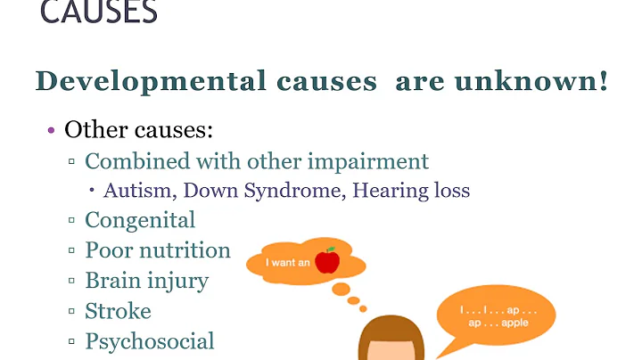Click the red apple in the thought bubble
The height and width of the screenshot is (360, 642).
point(329,261)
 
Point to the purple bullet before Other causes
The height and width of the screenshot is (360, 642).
point(51,131)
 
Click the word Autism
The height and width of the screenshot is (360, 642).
point(131,191)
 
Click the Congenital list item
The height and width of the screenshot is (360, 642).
point(140,219)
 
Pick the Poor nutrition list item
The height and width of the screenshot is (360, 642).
point(158,250)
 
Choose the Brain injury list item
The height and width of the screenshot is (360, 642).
point(146,281)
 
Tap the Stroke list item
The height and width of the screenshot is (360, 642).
point(118,311)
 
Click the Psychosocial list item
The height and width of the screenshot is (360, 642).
point(150,341)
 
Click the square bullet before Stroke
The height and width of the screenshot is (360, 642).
point(71,312)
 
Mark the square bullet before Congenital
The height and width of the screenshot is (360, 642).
point(71,220)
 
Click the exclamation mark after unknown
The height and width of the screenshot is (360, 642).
point(603,81)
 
